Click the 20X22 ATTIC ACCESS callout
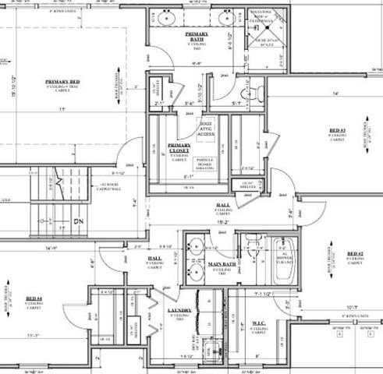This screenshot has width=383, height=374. [206, 129]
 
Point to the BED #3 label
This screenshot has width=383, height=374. [337, 130]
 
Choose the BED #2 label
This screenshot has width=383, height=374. [355, 254]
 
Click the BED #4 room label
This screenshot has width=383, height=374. [33, 298]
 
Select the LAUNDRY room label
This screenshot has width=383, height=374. [179, 311]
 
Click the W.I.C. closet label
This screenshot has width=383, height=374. [259, 322]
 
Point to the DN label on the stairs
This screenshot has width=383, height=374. [77, 221]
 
